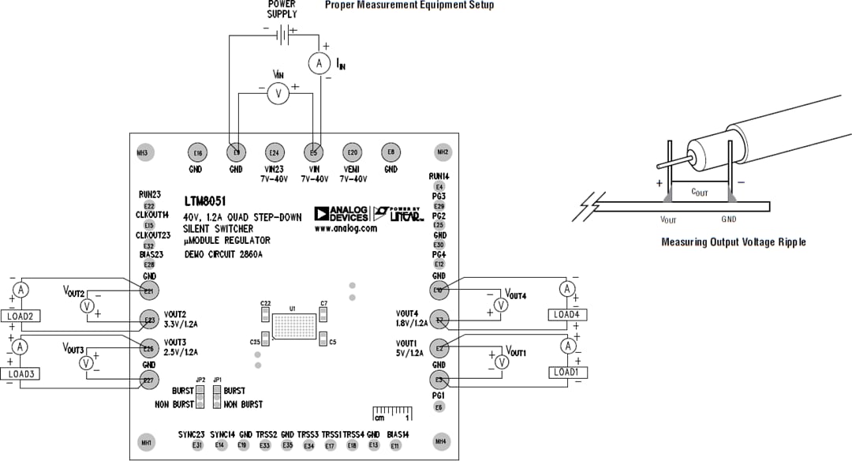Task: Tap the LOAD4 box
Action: click(x=566, y=314)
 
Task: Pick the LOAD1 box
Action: click(x=566, y=372)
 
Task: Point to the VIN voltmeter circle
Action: click(x=276, y=94)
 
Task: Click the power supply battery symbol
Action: click(x=282, y=33)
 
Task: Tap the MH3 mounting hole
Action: click(x=143, y=152)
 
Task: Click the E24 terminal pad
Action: click(x=274, y=152)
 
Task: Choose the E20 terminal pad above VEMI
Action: click(x=352, y=152)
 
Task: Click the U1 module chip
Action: click(x=293, y=324)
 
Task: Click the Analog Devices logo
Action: click(x=341, y=214)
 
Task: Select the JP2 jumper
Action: click(x=200, y=396)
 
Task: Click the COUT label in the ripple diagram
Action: click(x=699, y=191)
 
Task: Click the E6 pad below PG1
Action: click(x=439, y=407)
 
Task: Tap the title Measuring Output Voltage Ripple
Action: click(x=733, y=242)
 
